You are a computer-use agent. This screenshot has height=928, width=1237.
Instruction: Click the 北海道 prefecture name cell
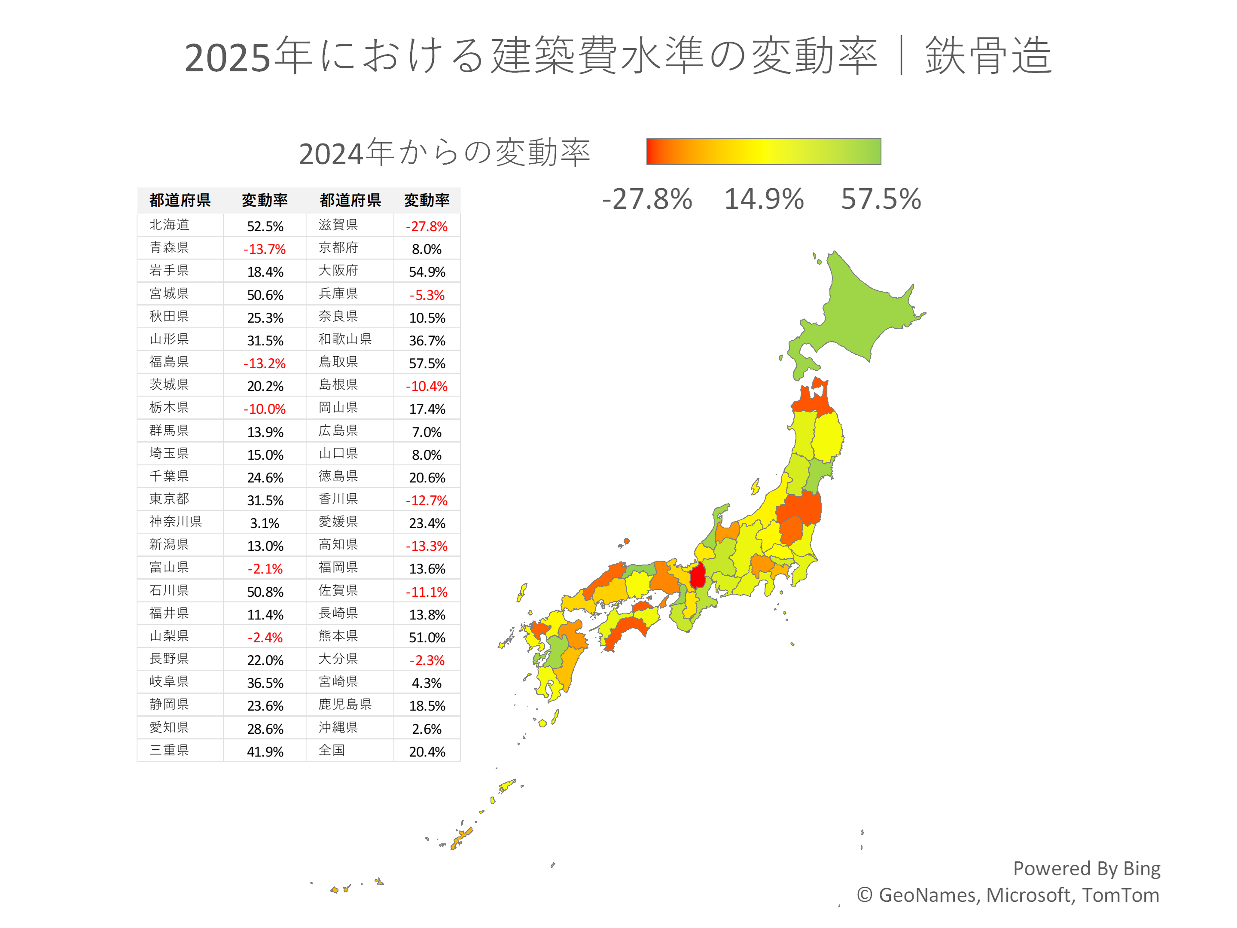tap(170, 225)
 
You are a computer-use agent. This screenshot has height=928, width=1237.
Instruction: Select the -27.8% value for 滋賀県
tap(427, 226)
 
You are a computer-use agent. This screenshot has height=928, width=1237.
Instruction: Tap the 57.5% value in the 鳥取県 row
tap(427, 363)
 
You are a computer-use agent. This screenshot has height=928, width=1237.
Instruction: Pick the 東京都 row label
tap(170, 499)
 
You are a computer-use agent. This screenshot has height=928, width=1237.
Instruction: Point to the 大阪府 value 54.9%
tap(427, 272)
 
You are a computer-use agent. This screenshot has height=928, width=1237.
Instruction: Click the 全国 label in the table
tap(332, 750)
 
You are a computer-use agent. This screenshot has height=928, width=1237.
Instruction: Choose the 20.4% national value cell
tap(427, 751)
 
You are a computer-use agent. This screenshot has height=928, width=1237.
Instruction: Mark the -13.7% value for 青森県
tap(265, 249)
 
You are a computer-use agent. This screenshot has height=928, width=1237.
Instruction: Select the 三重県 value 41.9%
tap(265, 751)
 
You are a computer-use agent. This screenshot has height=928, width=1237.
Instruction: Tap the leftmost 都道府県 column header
tap(180, 200)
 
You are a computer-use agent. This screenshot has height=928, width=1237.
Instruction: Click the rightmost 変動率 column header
tap(427, 200)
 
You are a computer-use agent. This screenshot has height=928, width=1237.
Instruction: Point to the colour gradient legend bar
tap(763, 151)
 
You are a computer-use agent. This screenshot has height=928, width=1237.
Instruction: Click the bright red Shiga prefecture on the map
tap(698, 576)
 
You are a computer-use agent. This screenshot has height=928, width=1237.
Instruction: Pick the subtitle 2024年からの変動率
tap(445, 153)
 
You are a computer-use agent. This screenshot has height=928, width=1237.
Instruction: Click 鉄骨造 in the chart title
tap(988, 56)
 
